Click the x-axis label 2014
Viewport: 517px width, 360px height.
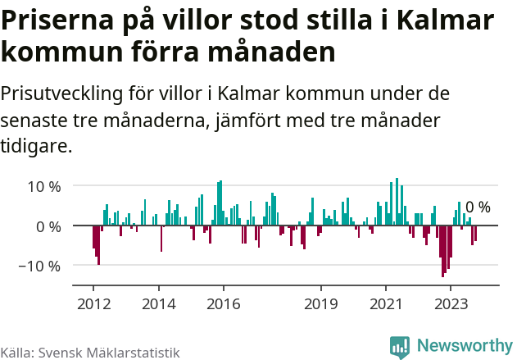(x=158, y=303)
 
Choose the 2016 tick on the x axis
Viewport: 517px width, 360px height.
(x=223, y=303)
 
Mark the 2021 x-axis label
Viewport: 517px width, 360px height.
(x=385, y=303)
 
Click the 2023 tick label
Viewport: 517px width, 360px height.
(x=450, y=303)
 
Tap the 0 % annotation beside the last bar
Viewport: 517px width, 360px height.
(x=478, y=207)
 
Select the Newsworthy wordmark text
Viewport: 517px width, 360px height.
(x=464, y=346)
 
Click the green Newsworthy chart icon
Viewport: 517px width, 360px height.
(x=400, y=347)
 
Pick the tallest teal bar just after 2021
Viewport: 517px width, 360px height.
(x=397, y=201)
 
